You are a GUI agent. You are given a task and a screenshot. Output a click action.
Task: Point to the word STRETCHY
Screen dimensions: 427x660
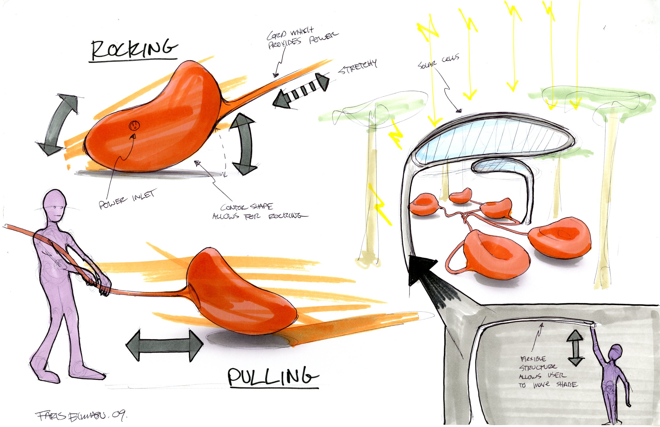pos(358,67)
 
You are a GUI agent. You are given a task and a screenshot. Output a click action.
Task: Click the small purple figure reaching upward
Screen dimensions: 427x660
pos(613,380)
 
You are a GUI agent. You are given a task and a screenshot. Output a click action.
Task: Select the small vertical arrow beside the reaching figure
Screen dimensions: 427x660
pos(575,348)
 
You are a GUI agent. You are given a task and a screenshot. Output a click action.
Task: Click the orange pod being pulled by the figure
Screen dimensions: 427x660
pos(241,291)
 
